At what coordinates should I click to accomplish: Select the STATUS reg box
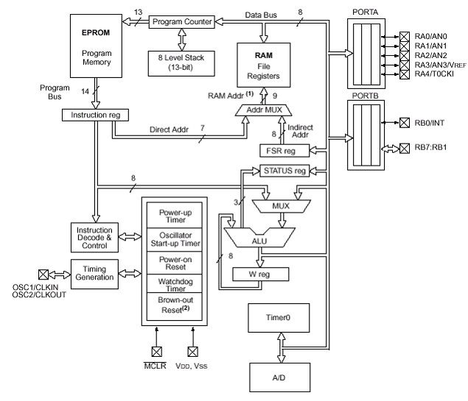coord(284,171)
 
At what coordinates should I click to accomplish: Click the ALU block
coord(258,239)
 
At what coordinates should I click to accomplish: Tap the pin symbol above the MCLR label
coord(156,351)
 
